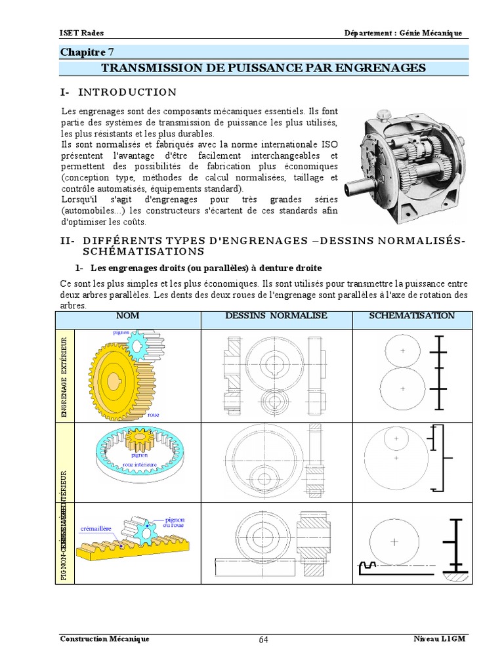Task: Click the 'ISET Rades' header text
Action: (81, 33)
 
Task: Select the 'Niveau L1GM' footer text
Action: (439, 639)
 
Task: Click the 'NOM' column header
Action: (127, 316)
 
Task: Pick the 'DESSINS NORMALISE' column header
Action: (276, 316)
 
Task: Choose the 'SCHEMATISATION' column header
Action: (411, 316)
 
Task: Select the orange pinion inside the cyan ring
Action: (138, 438)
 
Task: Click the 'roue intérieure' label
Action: (138, 462)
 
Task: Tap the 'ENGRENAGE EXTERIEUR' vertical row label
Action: (64, 377)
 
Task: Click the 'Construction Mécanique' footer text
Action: (104, 639)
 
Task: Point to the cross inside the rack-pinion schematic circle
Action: (394, 542)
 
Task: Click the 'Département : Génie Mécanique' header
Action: (404, 33)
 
